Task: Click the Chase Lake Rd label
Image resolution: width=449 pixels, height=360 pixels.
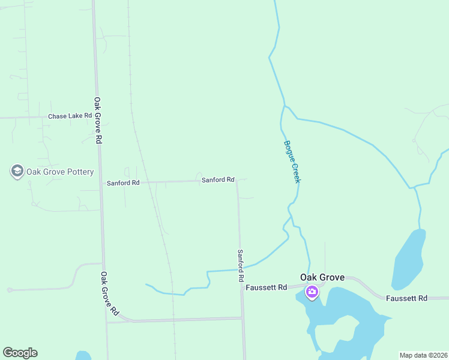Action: pyautogui.click(x=70, y=116)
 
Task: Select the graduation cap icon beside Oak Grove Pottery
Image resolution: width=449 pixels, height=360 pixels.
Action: pyautogui.click(x=17, y=172)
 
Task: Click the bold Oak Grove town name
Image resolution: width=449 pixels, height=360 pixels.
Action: pyautogui.click(x=322, y=277)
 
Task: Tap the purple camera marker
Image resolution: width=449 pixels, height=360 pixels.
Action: pyautogui.click(x=312, y=292)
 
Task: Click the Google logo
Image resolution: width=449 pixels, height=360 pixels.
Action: pyautogui.click(x=20, y=353)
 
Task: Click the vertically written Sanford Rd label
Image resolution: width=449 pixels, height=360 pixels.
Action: pyautogui.click(x=240, y=266)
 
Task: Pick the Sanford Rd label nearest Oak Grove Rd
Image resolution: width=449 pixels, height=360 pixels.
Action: pyautogui.click(x=122, y=182)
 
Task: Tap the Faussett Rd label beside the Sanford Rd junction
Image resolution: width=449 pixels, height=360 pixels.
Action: pyautogui.click(x=266, y=288)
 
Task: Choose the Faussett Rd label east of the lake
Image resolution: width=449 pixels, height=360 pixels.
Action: pyautogui.click(x=406, y=298)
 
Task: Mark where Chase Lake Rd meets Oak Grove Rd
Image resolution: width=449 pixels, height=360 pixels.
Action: pyautogui.click(x=96, y=116)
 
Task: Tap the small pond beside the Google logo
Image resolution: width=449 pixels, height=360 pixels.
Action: pyautogui.click(x=83, y=355)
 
